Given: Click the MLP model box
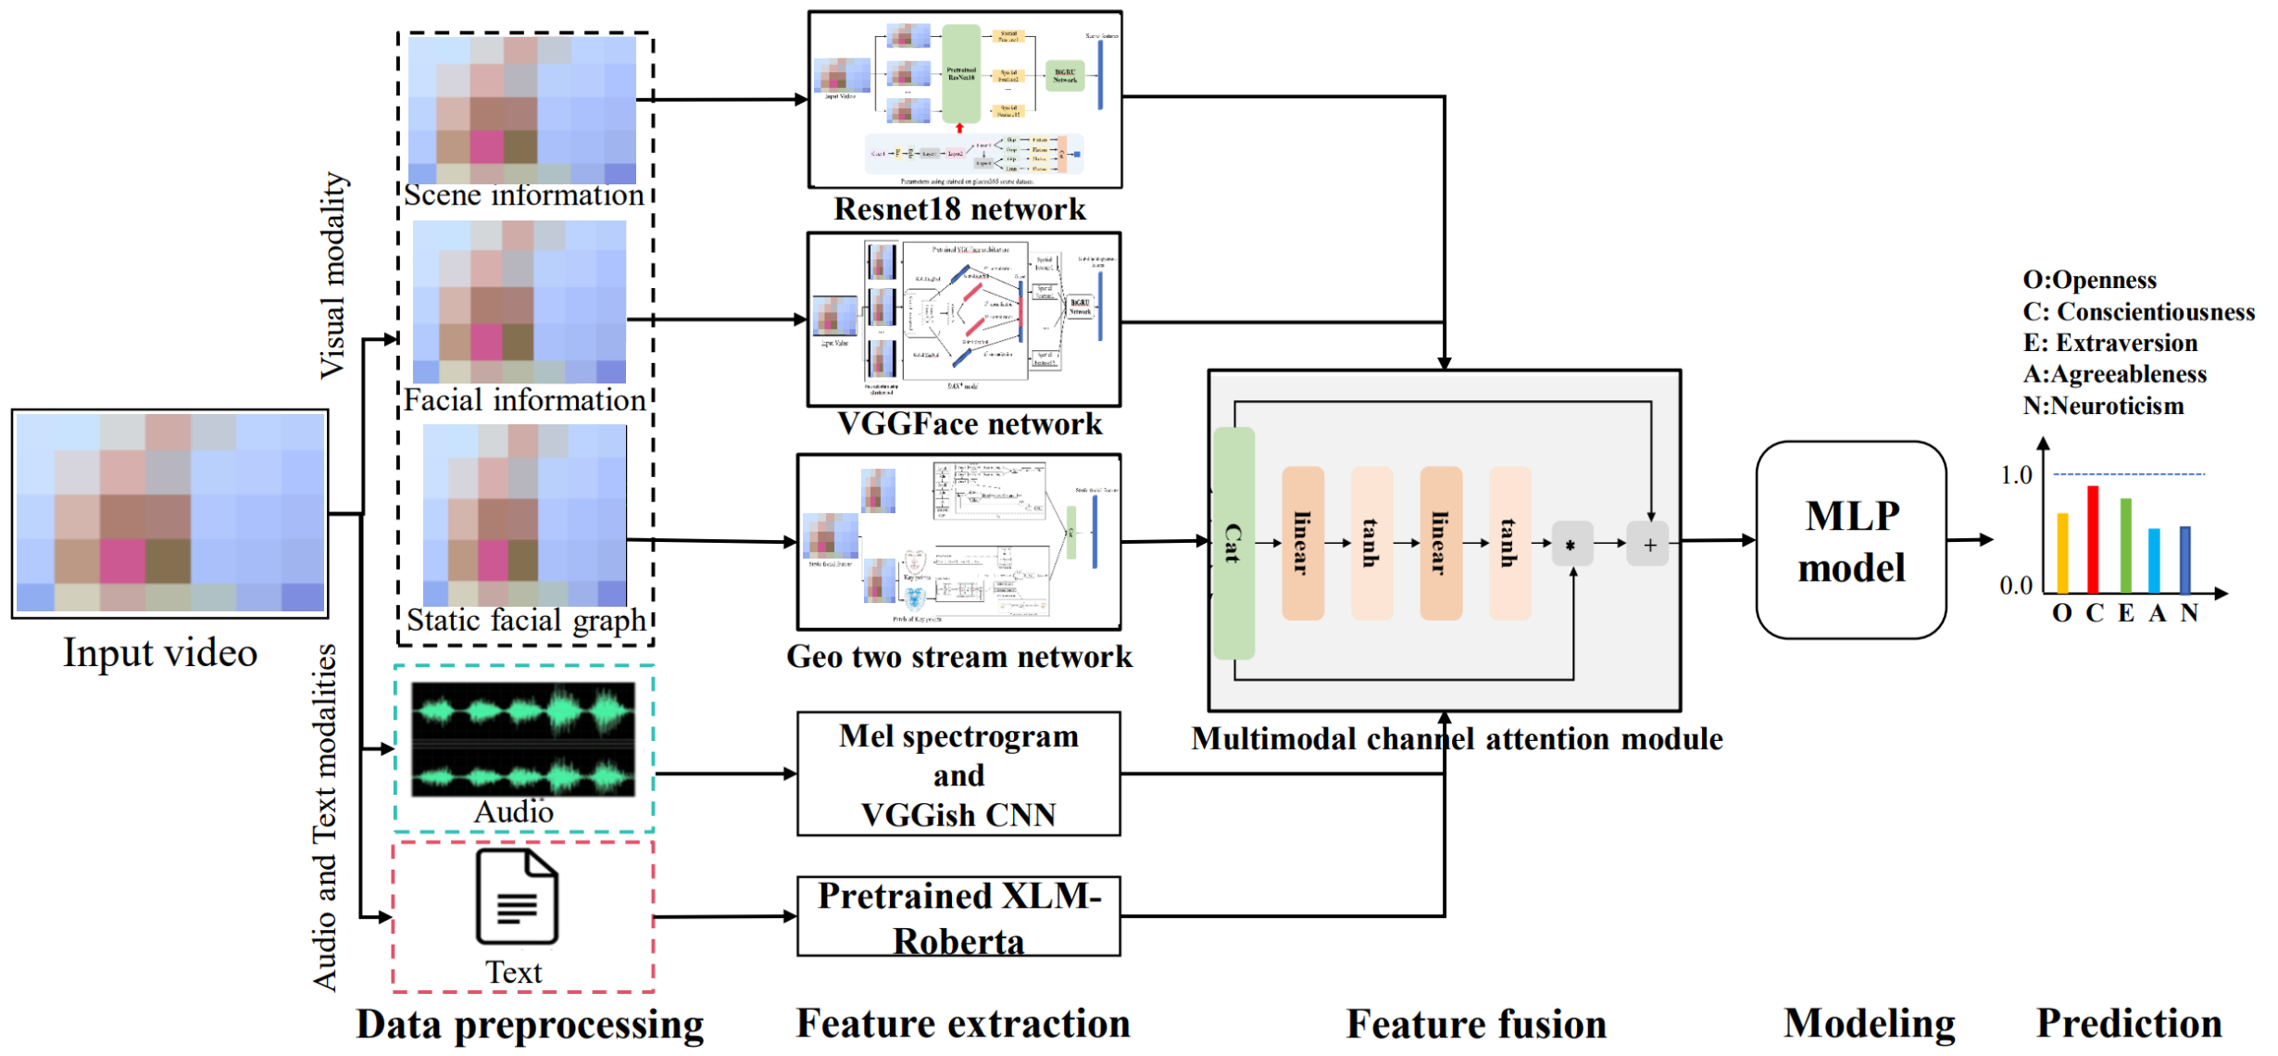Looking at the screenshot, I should (x=1850, y=540).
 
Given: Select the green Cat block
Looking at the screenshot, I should (x=1233, y=543).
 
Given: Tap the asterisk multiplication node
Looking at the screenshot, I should (x=1571, y=545).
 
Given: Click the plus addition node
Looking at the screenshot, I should (x=1649, y=545).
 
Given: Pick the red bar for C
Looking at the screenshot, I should (x=2093, y=539).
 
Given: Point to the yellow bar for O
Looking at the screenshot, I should (x=2062, y=553).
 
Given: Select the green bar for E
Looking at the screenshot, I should (x=2125, y=546).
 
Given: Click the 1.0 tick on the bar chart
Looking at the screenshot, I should (x=2016, y=475).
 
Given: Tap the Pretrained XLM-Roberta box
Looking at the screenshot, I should (x=958, y=917).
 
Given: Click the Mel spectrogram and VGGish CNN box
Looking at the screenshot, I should (x=958, y=774).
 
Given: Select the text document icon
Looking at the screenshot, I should (x=517, y=897).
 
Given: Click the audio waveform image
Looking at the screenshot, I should (x=523, y=739).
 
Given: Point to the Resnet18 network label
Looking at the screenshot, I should (x=959, y=209).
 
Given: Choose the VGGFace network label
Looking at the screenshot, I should (x=969, y=424).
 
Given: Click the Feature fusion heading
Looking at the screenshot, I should (x=1475, y=1025).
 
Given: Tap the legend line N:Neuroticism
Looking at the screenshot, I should (x=2102, y=406).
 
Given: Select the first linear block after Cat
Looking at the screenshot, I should (x=1302, y=543).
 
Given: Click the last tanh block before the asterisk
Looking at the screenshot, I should (x=1509, y=543).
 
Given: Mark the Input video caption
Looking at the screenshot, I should (x=160, y=653).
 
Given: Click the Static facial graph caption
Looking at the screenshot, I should (x=526, y=620).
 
